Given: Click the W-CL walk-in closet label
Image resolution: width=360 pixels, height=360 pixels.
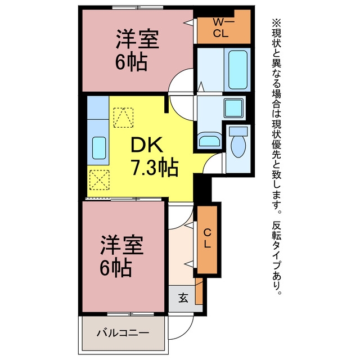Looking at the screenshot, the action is pos(222,28).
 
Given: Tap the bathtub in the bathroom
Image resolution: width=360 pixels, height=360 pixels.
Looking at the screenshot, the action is pos(238,70).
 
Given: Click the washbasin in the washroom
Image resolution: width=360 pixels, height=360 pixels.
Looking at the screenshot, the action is pos(209,141).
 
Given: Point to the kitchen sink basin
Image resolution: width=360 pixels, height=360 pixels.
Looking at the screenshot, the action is pos(99,148).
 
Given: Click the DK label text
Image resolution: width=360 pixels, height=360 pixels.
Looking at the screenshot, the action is pos(147,145).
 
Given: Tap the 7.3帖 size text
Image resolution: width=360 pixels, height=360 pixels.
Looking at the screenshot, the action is pos(155,167).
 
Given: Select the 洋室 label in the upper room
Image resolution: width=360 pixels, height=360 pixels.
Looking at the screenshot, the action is pos(137,39).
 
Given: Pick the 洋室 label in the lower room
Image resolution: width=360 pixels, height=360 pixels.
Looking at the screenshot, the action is pos(121,245).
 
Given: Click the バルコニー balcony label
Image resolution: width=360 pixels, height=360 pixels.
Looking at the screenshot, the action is pos(123,332).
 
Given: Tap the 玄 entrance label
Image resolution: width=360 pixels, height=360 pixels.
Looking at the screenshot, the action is pos(183,298).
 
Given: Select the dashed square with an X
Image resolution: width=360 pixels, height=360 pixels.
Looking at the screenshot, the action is pos(99,180).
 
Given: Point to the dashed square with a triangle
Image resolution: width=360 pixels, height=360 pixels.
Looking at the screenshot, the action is pos(123,118).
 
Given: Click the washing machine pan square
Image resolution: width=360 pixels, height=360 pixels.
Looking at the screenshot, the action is pos(234,108).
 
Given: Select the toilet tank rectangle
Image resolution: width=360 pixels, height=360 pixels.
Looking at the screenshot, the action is pos(238,131).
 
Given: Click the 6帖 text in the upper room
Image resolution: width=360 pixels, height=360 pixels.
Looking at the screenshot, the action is pos(131,62).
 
